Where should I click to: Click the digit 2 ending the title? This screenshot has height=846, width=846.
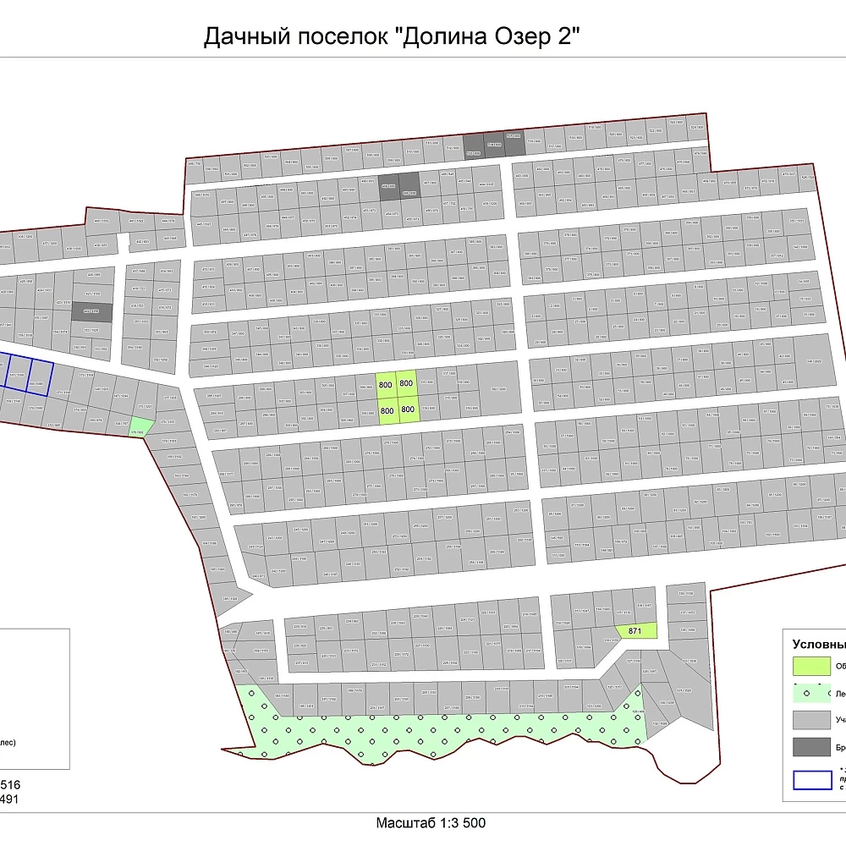click(575, 38)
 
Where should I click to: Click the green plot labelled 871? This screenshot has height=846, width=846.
click(636, 631)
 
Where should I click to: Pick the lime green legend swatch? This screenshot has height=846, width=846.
click(810, 666)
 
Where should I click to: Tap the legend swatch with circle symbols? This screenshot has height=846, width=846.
click(810, 693)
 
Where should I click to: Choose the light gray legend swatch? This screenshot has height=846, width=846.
click(810, 720)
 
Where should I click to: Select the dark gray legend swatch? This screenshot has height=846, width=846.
click(810, 748)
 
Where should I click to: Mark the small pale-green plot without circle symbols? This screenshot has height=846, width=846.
click(140, 427)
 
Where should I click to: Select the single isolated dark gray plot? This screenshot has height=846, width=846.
click(91, 311)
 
